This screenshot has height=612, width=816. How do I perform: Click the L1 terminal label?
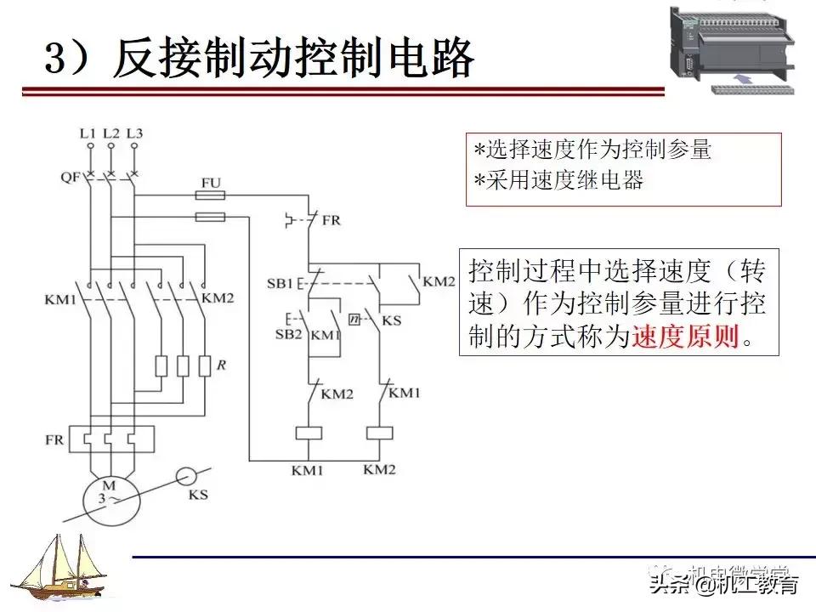88,133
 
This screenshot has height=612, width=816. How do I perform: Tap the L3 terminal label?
134,133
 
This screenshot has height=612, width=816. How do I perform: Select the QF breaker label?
71,177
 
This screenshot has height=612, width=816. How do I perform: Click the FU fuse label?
212,183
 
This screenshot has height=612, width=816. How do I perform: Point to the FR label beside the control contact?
331,220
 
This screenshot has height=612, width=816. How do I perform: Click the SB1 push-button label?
280,281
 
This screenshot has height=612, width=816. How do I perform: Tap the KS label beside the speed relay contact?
392,320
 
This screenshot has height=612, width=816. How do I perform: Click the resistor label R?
221,365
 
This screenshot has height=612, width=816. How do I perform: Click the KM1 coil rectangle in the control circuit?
308,431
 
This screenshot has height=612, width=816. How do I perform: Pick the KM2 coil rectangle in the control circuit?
379,431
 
